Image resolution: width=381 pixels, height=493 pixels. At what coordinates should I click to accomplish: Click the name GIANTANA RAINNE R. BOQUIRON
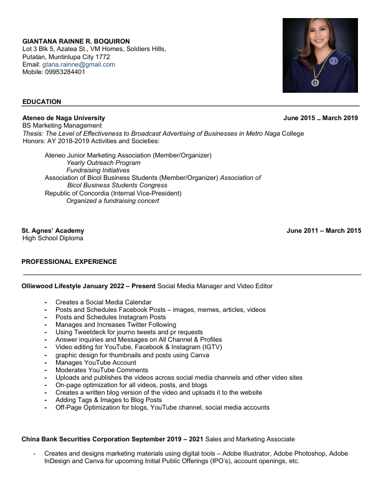(x=76, y=41)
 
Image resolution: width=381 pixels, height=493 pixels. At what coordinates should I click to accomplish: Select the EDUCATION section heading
(x=42, y=101)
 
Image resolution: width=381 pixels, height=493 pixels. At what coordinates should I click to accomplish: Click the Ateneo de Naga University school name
(x=63, y=118)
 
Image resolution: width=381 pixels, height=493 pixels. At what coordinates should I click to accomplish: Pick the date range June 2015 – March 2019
(x=321, y=118)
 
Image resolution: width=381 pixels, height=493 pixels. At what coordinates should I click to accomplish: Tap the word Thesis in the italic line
(x=32, y=133)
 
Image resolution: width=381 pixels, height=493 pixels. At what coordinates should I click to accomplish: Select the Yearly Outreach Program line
(x=103, y=162)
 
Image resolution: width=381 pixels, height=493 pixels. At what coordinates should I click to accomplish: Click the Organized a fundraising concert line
(x=113, y=200)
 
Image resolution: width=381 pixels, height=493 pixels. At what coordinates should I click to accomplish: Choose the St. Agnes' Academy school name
(x=53, y=230)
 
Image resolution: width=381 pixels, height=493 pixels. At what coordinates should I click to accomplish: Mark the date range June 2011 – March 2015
(x=323, y=230)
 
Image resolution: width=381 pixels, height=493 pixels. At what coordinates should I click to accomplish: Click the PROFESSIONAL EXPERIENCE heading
(x=69, y=261)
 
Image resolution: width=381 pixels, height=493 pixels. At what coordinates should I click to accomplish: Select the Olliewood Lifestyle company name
(x=53, y=286)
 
